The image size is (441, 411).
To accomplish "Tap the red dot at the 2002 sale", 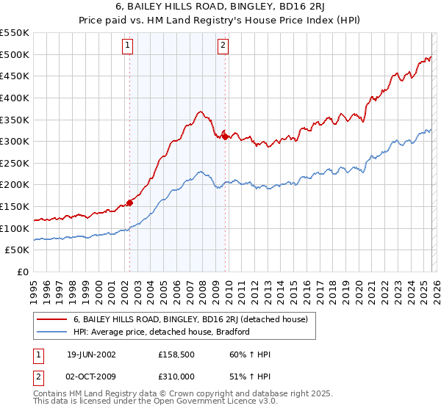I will point(130,203).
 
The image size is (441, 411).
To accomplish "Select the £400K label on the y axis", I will point(15,98).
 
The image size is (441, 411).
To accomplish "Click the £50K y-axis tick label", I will point(18,250).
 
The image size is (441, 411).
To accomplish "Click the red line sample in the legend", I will point(52,319).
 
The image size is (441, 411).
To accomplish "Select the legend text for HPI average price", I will point(162,332).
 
